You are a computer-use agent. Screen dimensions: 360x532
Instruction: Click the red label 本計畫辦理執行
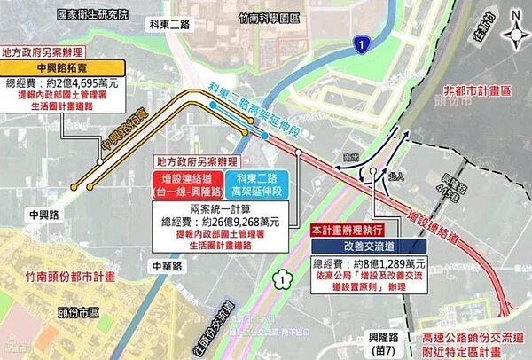click(348, 230)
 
